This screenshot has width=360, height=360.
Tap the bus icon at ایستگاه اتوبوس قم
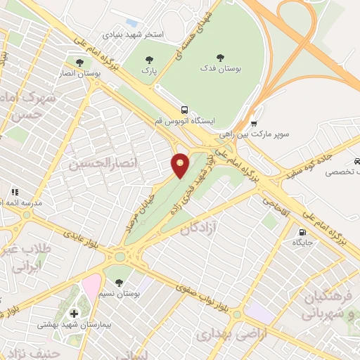[x=184, y=110]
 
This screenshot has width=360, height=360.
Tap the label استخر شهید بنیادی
[x=134, y=34]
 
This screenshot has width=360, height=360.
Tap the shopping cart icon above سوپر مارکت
[x=254, y=122]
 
